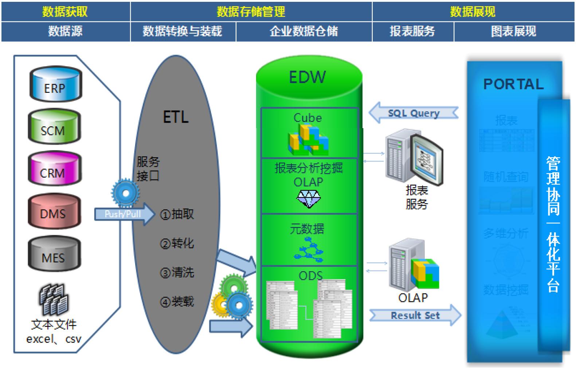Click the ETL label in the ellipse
pyautogui.click(x=176, y=117)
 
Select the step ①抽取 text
pyautogui.click(x=177, y=214)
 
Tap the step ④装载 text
pyautogui.click(x=177, y=302)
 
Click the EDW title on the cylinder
pyautogui.click(x=307, y=77)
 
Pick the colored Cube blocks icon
pyautogui.click(x=308, y=140)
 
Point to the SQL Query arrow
pyautogui.click(x=413, y=113)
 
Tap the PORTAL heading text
pyautogui.click(x=513, y=84)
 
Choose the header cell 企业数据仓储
pyautogui.click(x=304, y=32)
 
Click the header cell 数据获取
pyautogui.click(x=65, y=12)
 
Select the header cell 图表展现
pyautogui.click(x=514, y=32)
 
